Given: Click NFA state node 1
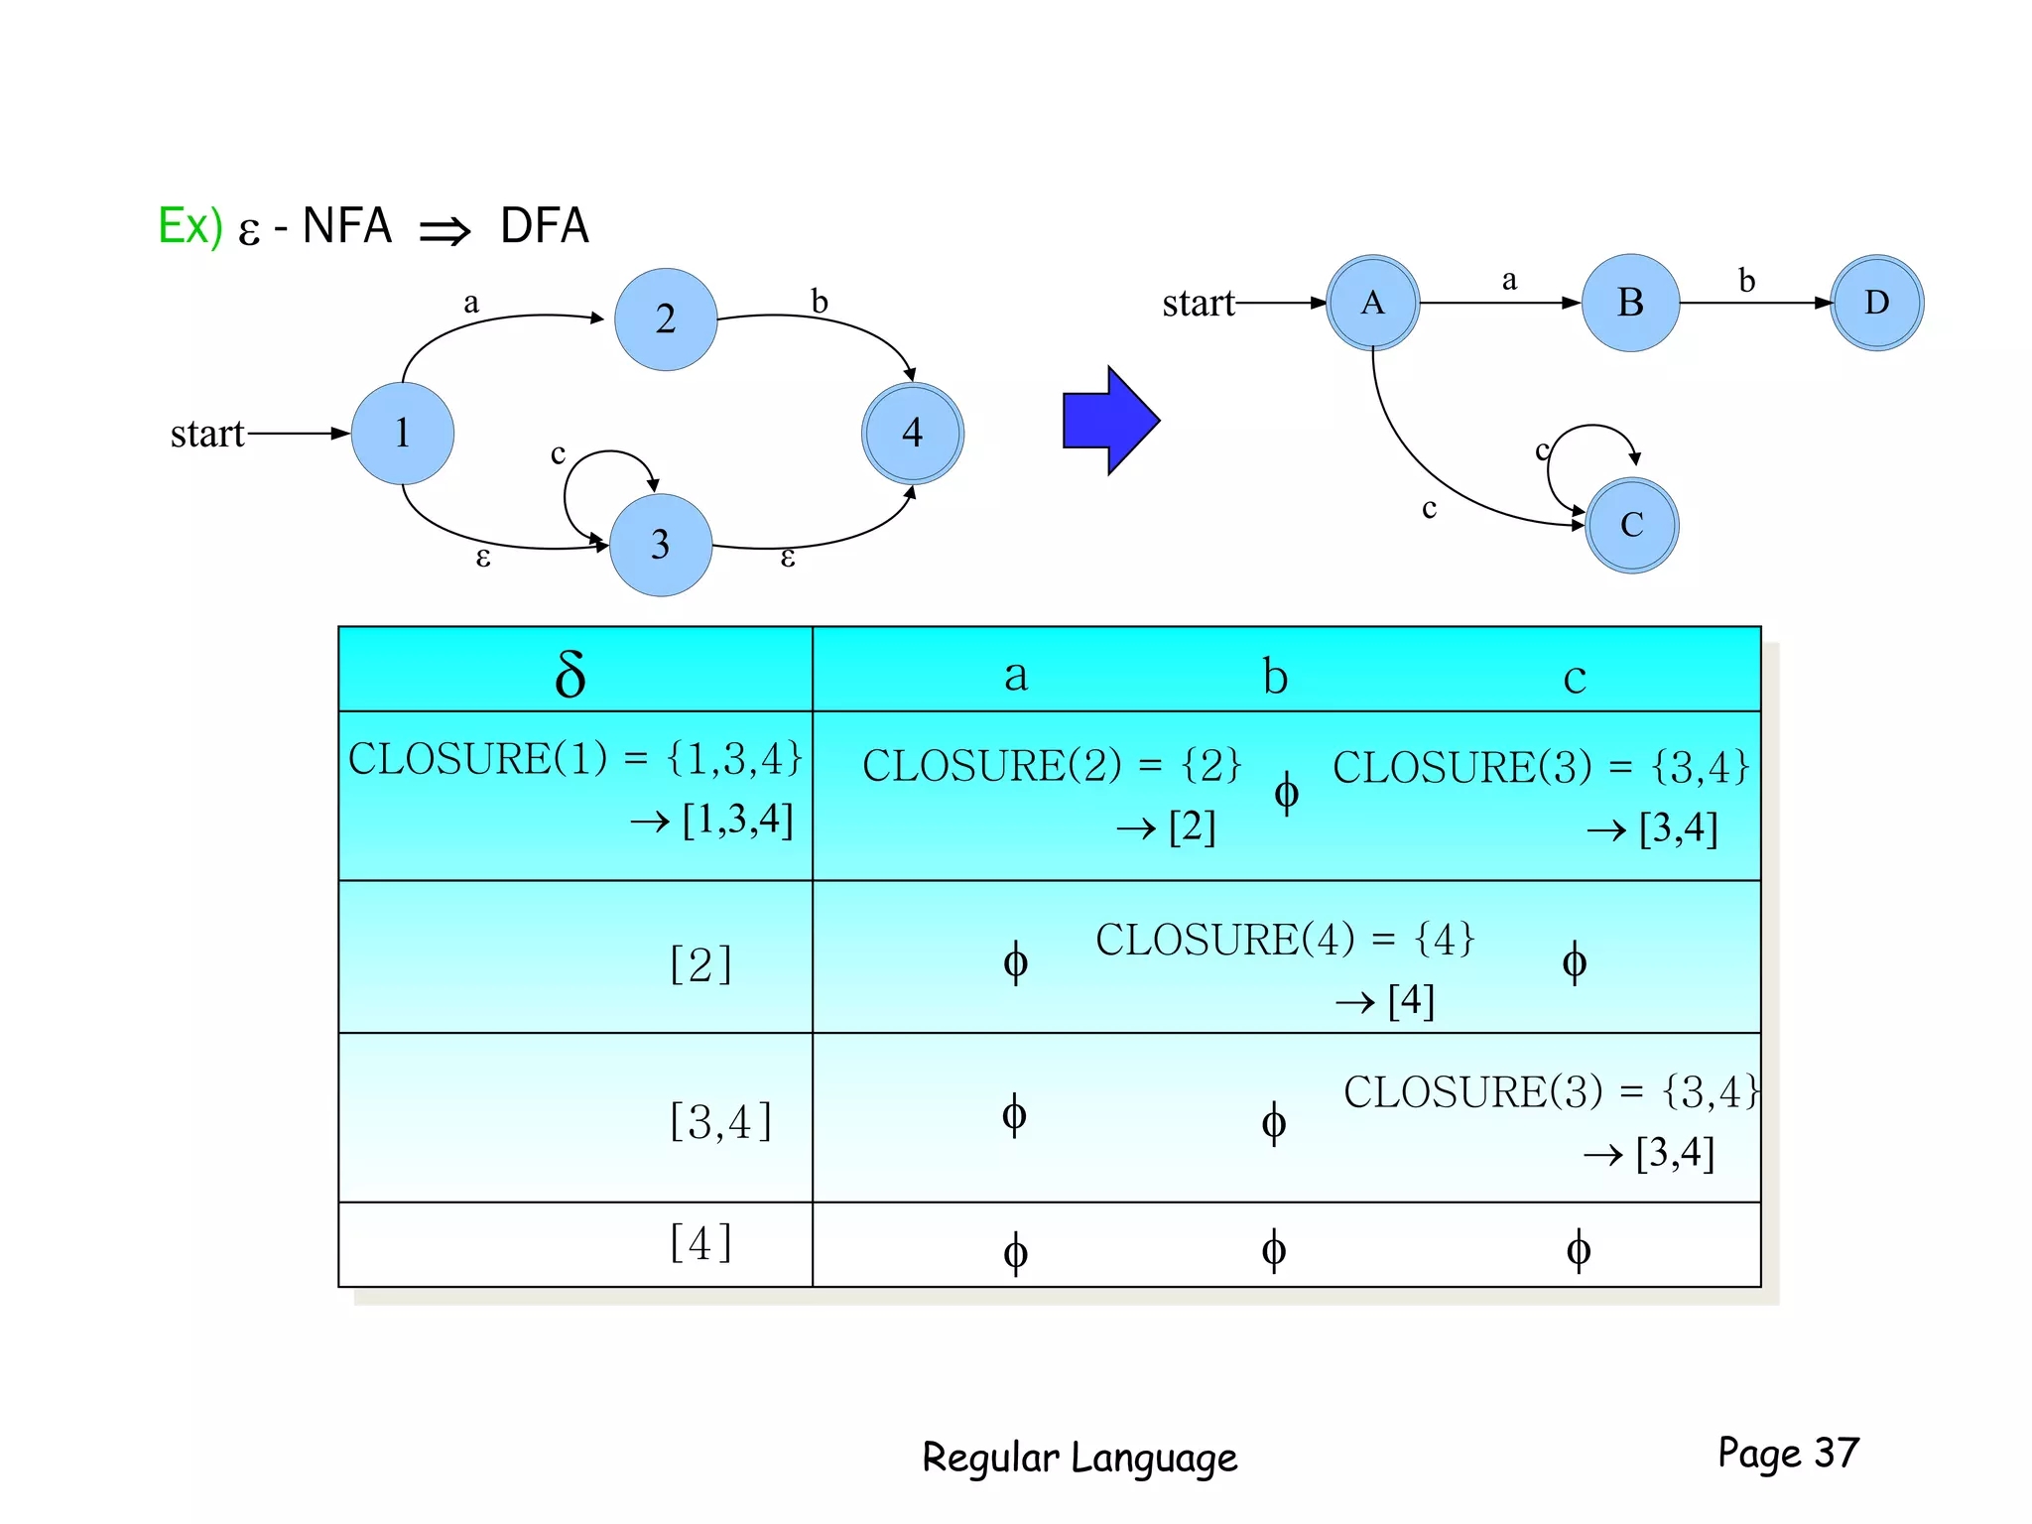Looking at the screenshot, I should click(x=403, y=434).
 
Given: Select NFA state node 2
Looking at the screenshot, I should click(x=666, y=319).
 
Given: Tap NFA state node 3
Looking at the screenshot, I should click(x=661, y=545).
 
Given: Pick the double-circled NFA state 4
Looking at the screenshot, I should click(x=913, y=434).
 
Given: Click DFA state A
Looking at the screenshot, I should click(x=1373, y=303).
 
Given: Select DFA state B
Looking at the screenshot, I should click(x=1630, y=303).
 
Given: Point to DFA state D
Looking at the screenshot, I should click(x=1876, y=303).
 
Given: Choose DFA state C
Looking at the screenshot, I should click(x=1632, y=525).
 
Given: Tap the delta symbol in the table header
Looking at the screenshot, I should click(x=571, y=675).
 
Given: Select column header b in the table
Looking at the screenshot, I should click(x=1275, y=677).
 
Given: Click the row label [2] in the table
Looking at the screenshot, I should click(x=700, y=964).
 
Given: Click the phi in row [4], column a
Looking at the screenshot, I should click(x=1015, y=1252).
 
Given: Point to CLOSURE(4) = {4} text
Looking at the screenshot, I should click(x=1285, y=940).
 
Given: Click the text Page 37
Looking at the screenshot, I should click(x=1788, y=1454).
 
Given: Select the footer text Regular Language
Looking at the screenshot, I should click(x=1079, y=1458).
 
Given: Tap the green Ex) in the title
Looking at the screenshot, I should click(x=190, y=226).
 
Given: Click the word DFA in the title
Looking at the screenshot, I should click(x=545, y=226).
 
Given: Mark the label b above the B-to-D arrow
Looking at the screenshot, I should click(x=1746, y=281).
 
